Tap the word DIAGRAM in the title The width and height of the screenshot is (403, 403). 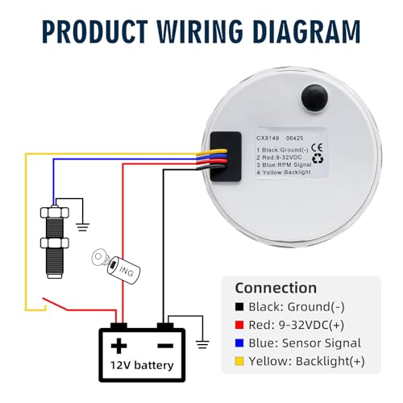pos(306,31)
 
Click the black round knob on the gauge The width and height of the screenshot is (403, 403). pos(314,98)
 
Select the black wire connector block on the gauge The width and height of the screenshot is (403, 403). pos(226,156)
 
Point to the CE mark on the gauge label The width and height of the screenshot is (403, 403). pos(317,147)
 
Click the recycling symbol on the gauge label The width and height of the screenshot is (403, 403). pos(318,159)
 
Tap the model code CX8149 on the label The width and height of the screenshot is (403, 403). pos(268,138)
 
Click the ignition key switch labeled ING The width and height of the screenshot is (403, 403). pos(116,265)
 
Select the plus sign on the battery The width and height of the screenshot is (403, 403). pos(118,346)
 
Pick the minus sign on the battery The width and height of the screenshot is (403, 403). pos(165,346)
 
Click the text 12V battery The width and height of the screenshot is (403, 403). pos(142,365)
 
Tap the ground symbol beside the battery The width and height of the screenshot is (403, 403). pos(202,344)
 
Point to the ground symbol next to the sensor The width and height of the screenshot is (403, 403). pos(83,227)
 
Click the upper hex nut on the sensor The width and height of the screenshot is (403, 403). pos(55,212)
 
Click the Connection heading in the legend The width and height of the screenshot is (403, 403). pos(276,288)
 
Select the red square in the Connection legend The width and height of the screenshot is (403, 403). pos(239,325)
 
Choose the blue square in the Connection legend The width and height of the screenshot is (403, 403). pos(239,343)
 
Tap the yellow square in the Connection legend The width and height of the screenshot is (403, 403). pos(239,361)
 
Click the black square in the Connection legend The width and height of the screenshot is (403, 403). pos(239,307)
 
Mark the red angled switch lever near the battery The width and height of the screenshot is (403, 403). pos(55,304)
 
